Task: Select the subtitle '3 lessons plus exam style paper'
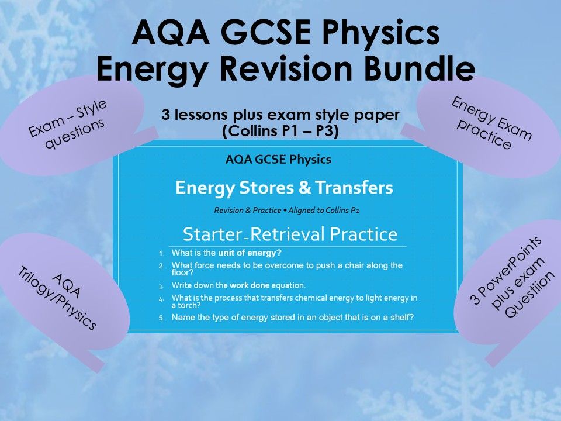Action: (280, 115)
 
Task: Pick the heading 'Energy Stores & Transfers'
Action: (284, 188)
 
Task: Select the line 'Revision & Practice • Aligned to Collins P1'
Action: (284, 210)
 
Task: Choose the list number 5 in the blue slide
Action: (162, 318)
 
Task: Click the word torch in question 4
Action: (185, 305)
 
